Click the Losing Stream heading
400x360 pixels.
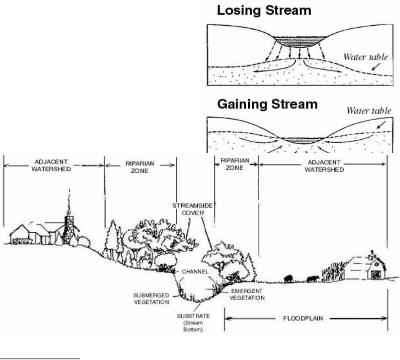(264, 11)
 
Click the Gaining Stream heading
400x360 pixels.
(267, 104)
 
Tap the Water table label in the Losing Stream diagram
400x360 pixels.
(365, 57)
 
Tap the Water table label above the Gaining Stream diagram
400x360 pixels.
(369, 111)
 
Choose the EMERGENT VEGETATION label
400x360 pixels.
(247, 295)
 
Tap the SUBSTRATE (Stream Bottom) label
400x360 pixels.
(193, 323)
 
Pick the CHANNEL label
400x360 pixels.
(195, 272)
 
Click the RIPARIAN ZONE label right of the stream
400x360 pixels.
(236, 164)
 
